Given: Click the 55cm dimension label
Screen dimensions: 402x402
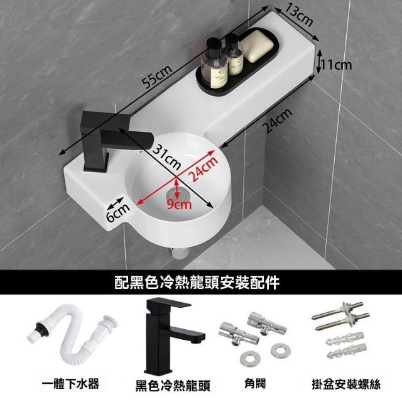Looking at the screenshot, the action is coord(157,77).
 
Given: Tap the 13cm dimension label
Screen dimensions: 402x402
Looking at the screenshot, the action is coord(299,15).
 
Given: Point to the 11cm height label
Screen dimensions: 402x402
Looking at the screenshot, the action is coord(337,65).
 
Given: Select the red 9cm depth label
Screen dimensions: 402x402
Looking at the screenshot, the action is coord(179,204).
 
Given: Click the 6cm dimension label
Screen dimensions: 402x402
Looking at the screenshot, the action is coord(118,212).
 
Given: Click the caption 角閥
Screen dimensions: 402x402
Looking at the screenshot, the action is coord(255,384).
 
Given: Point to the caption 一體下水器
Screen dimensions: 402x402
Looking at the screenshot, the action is coord(70,384).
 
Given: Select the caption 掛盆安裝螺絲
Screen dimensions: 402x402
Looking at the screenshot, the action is coord(346,384).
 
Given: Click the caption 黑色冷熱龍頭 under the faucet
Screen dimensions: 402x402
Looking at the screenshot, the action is coord(173,386).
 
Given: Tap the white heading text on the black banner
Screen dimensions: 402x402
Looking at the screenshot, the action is coord(197,283).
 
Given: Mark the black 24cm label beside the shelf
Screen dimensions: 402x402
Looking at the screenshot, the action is coord(278,120).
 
